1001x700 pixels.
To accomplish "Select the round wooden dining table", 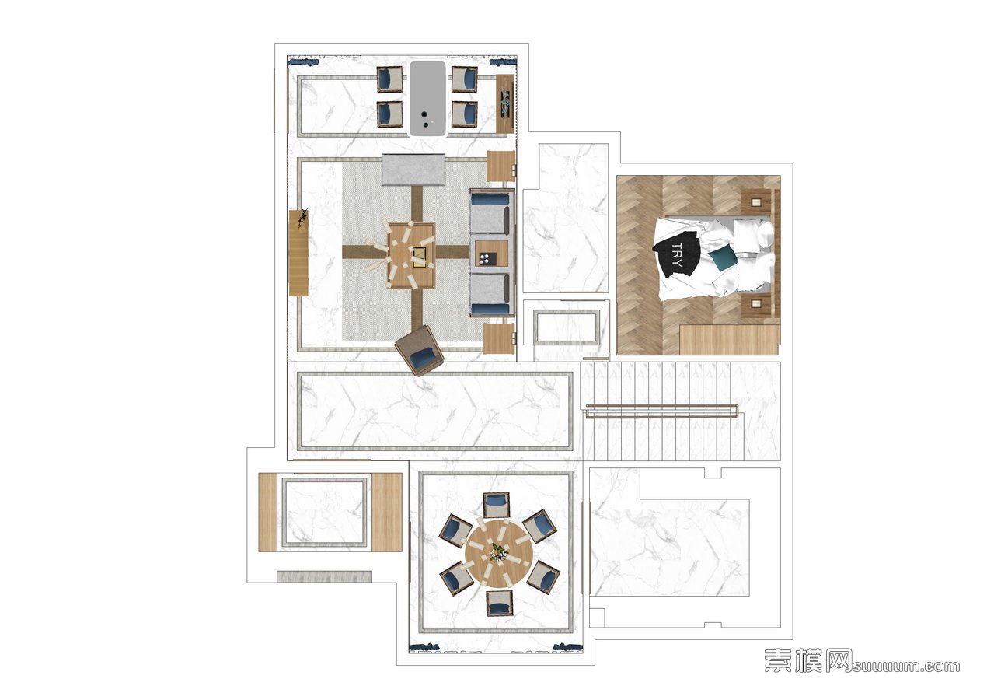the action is point(499,554).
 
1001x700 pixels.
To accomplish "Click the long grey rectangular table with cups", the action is point(428,99).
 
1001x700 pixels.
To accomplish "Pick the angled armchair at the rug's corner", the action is point(419,350).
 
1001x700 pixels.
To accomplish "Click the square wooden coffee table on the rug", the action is point(410,255).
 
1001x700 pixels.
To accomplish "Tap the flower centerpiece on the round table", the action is point(498,552).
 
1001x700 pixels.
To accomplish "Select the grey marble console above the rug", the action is point(413,170).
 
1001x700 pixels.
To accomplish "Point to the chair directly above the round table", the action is point(497,505).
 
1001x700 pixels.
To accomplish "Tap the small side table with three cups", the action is point(491,254).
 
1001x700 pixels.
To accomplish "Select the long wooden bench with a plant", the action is point(298,252).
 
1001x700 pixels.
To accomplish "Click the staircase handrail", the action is point(662,411).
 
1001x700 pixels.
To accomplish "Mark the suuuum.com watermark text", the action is point(906,667).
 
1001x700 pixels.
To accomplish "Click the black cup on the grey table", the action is point(424,115).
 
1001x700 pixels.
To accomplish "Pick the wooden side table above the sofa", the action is point(501,166).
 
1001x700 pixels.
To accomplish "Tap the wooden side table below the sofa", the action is point(499,338).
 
